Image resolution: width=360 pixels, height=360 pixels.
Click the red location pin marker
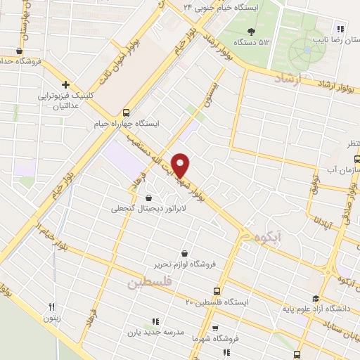[181, 165]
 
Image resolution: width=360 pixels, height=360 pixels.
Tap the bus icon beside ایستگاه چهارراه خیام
[126, 112]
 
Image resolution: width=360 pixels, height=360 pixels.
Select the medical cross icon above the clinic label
[65, 84]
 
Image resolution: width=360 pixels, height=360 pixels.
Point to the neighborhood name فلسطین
[149, 283]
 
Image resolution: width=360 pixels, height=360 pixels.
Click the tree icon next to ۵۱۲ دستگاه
[252, 31]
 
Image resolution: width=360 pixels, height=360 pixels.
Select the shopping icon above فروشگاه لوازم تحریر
[184, 253]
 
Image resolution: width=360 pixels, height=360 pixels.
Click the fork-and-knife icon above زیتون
[51, 307]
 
